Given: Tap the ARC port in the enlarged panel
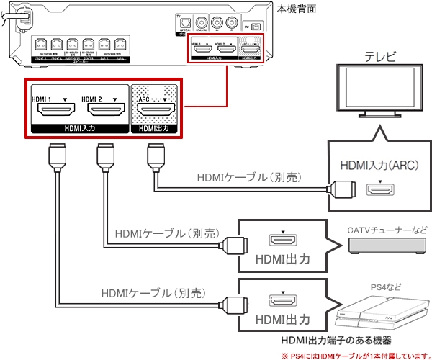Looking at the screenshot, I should pos(154,110).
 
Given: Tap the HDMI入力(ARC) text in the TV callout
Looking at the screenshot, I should pos(379,170).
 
